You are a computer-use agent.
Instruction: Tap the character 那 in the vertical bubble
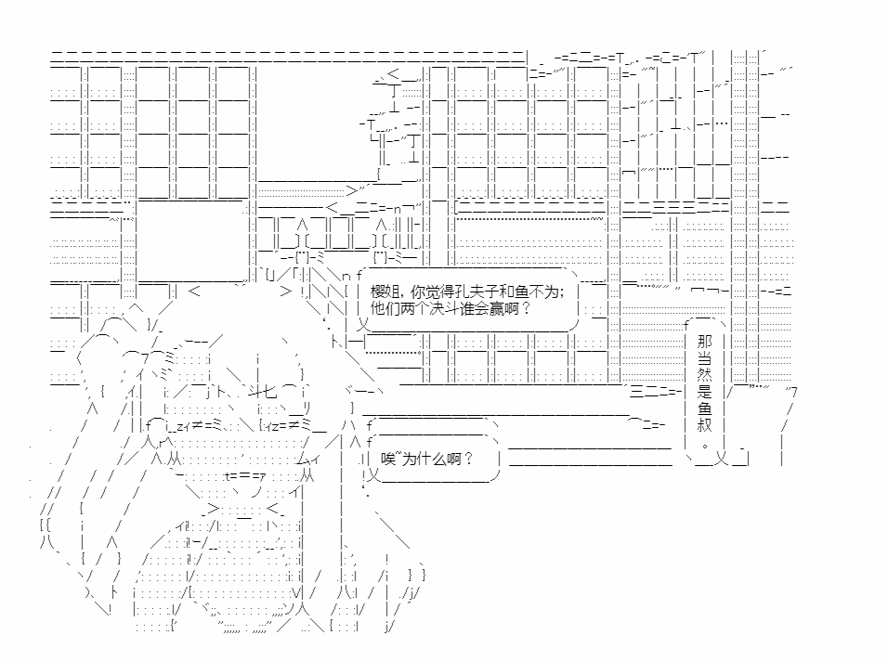[x=705, y=341]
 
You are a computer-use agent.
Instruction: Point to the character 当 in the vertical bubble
[x=705, y=358]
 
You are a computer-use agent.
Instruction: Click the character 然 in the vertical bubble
[x=705, y=375]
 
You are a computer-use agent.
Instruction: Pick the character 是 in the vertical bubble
[x=705, y=393]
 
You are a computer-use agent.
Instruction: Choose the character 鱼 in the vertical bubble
[x=705, y=409]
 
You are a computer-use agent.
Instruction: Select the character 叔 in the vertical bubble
[x=705, y=427]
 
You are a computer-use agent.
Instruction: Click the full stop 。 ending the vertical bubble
[x=705, y=445]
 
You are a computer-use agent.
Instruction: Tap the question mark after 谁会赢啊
[x=527, y=309]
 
